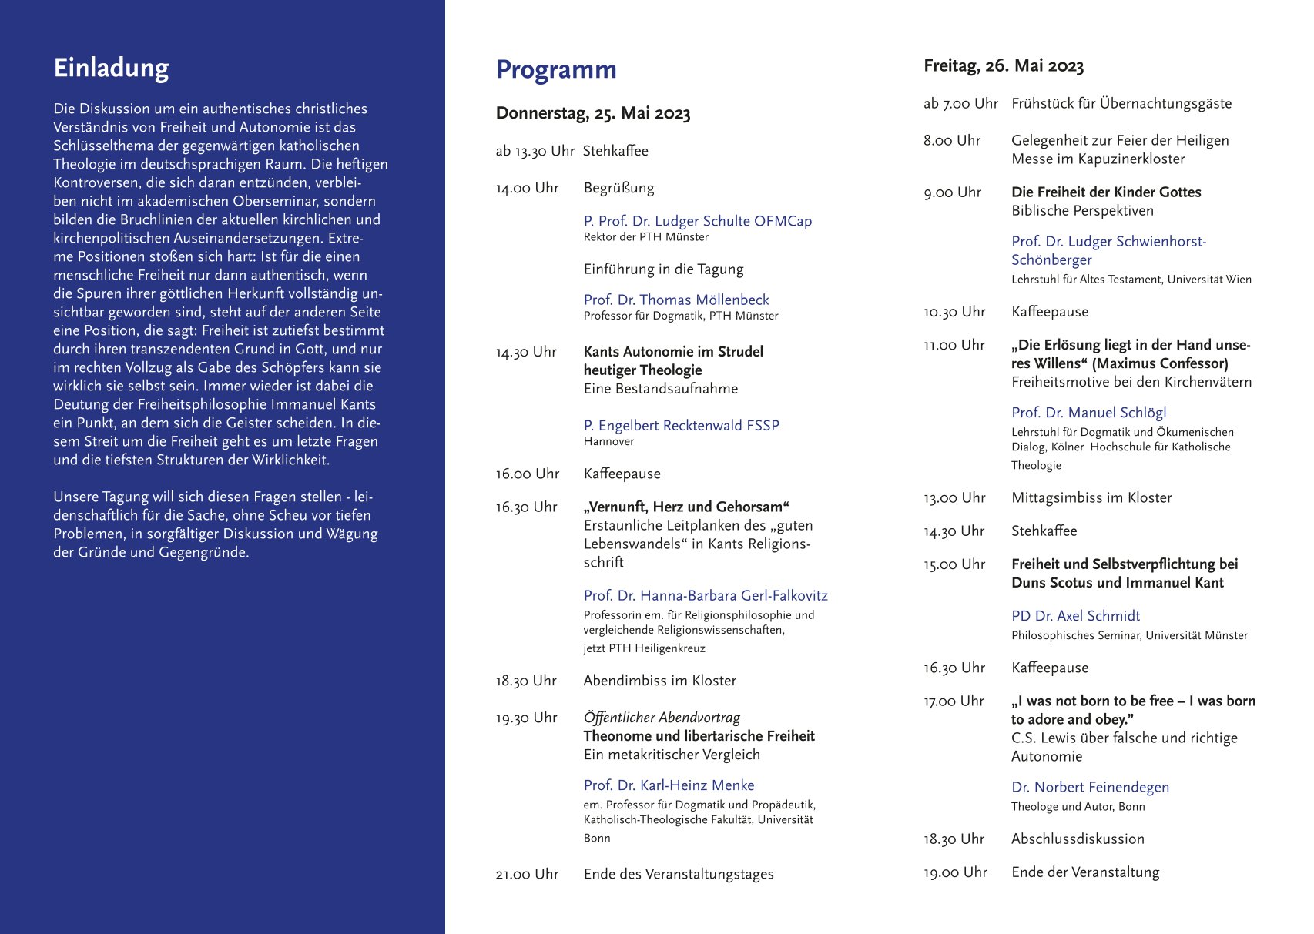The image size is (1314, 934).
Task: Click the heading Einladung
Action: click(x=111, y=69)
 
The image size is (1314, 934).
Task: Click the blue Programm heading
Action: click(x=556, y=70)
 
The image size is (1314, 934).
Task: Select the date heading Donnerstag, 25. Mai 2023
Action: click(x=592, y=114)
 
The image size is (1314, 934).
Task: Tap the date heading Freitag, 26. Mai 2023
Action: click(x=1003, y=66)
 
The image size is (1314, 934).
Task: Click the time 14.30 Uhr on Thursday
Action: click(x=526, y=352)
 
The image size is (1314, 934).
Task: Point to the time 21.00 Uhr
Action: click(x=527, y=874)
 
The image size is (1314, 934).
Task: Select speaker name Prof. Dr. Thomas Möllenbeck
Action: click(x=675, y=300)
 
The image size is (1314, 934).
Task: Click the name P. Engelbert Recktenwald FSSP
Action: click(x=681, y=425)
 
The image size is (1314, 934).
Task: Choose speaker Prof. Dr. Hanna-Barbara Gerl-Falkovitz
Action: click(x=705, y=595)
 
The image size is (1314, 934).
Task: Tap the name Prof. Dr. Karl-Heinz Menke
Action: click(x=669, y=785)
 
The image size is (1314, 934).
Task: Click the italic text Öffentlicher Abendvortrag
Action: click(x=661, y=718)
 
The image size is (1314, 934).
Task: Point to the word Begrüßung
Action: click(x=618, y=188)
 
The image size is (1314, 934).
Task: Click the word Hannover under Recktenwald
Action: click(x=608, y=442)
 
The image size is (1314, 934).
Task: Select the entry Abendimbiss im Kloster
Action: click(x=659, y=681)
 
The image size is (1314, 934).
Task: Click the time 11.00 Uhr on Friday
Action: click(x=954, y=345)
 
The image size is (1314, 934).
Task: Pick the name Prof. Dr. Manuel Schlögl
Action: click(x=1088, y=413)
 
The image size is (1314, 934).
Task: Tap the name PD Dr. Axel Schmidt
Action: click(x=1075, y=616)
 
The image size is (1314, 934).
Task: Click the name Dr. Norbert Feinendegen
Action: click(x=1090, y=787)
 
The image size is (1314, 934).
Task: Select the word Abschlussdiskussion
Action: click(x=1078, y=839)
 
